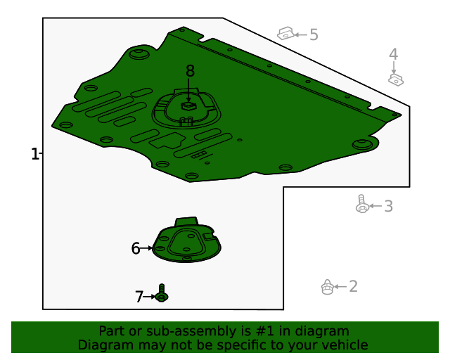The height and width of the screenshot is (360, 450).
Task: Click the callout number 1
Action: [x=34, y=154]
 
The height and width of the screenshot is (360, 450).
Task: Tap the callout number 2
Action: [x=353, y=286]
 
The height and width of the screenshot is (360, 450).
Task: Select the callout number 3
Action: [x=388, y=206]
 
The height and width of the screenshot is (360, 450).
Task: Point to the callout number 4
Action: [x=394, y=54]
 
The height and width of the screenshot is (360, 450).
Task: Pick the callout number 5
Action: [x=314, y=34]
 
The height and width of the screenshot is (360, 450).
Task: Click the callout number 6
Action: [x=136, y=248]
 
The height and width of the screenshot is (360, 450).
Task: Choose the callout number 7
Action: [x=139, y=297]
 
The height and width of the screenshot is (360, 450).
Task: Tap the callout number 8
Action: [x=190, y=70]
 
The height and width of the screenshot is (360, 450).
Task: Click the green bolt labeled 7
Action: [x=162, y=293]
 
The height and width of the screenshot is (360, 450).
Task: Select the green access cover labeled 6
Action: [x=186, y=240]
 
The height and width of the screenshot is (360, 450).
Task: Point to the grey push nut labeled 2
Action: [x=327, y=287]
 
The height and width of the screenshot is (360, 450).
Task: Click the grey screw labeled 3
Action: [x=362, y=204]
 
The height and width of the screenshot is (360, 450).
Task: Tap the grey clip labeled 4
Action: [x=396, y=79]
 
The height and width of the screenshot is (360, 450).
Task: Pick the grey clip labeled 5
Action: [x=286, y=34]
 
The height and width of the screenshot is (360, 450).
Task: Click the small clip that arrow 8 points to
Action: [x=188, y=105]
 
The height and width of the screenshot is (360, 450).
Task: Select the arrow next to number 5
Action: [x=301, y=34]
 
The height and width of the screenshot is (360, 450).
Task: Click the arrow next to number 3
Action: [x=375, y=206]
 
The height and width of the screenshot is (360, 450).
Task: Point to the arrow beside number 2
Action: [x=340, y=286]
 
